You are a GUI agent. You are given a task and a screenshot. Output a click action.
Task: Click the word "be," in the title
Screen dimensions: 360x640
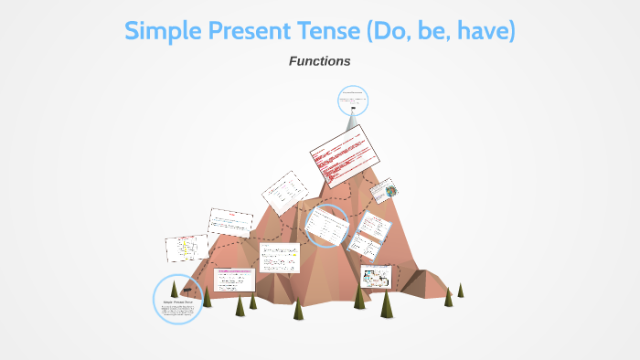(x=439, y=31)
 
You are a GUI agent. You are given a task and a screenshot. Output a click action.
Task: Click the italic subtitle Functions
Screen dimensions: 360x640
(x=319, y=61)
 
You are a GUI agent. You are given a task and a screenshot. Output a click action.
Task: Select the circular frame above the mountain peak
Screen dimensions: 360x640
(x=352, y=101)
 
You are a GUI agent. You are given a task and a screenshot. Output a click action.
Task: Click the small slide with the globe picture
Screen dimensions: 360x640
(x=383, y=190)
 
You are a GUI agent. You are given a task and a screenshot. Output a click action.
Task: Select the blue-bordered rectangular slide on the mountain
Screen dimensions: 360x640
(x=370, y=236)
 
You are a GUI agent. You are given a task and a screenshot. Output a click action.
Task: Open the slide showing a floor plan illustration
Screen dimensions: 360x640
(x=375, y=277)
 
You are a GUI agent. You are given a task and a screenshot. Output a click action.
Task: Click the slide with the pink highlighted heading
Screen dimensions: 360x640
(x=235, y=279)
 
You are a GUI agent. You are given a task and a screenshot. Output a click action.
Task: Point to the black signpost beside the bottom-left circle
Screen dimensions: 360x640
(x=187, y=291)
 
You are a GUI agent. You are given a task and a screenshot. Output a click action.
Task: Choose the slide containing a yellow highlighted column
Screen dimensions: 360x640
(x=187, y=248)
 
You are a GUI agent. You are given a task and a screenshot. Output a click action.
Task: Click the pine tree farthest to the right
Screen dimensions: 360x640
(x=460, y=290)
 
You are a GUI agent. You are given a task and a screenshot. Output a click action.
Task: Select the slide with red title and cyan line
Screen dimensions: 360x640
(x=230, y=222)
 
